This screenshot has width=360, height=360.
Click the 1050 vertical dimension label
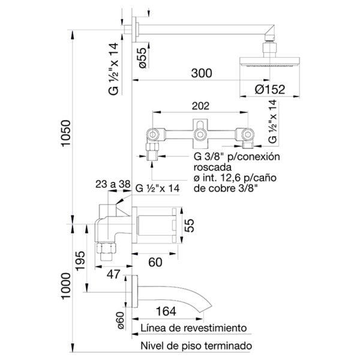[65, 133]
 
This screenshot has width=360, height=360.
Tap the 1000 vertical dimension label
[65, 286]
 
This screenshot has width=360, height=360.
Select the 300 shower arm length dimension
[202, 73]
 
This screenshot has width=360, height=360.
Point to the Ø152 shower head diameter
[270, 89]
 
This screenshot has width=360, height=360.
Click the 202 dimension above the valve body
[200, 106]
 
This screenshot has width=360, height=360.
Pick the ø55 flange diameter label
[143, 58]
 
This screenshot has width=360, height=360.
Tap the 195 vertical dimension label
[80, 261]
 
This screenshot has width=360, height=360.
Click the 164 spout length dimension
[166, 311]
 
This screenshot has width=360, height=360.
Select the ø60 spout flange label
[121, 320]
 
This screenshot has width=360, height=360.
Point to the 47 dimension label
[113, 274]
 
